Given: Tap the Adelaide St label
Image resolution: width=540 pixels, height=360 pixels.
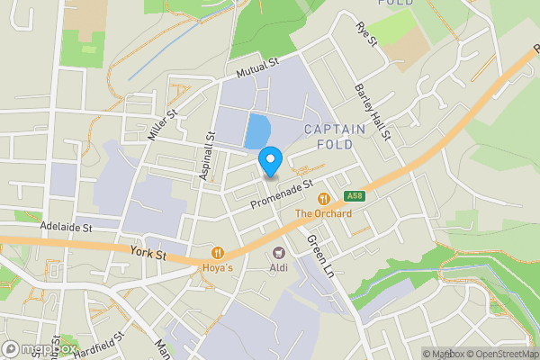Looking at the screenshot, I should point(66,228).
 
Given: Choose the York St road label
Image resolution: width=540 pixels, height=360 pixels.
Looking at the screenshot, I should point(148,256).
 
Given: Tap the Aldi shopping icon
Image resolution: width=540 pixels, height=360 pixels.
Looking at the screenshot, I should point(278,253).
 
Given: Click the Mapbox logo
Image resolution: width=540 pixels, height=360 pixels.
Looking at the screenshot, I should point(40,348).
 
